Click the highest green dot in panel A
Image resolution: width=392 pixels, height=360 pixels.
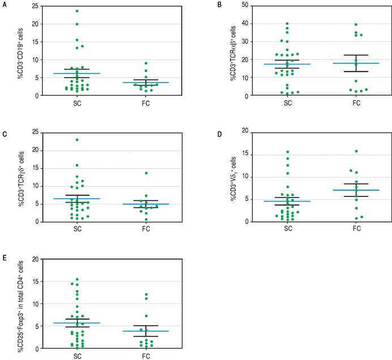pyautogui.click(x=76, y=11)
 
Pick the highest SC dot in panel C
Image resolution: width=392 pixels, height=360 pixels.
pyautogui.click(x=76, y=140)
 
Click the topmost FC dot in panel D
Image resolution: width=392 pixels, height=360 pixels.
pyautogui.click(x=356, y=151)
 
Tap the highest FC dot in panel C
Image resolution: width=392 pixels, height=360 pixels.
pyautogui.click(x=146, y=173)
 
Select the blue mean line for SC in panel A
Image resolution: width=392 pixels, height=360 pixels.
pyautogui.click(x=76, y=74)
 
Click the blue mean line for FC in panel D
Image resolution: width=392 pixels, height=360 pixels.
pyautogui.click(x=356, y=190)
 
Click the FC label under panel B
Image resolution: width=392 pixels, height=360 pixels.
pyautogui.click(x=356, y=103)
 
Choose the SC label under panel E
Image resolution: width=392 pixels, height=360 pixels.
pyautogui.click(x=76, y=355)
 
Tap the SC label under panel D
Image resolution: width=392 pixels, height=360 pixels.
pyautogui.click(x=288, y=229)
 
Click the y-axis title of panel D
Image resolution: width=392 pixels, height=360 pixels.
pyautogui.click(x=233, y=176)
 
